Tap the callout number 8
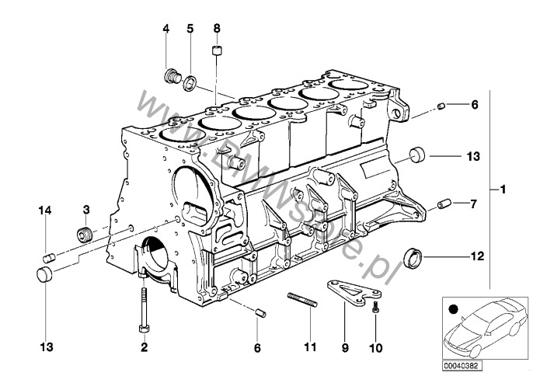pos(217,29)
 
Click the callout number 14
pos(45,210)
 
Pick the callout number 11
pos(310,347)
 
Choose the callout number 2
pos(143,347)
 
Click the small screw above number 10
pos(376,309)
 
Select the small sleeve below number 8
pos(218,54)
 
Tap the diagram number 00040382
pos(463,362)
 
